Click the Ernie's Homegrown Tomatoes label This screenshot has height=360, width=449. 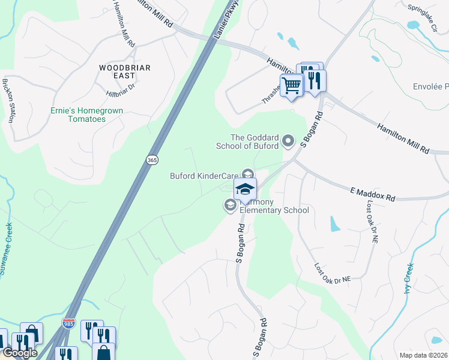tap(78, 115)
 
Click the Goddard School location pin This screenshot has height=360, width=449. tap(289, 142)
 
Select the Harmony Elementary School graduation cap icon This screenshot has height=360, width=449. tap(245, 189)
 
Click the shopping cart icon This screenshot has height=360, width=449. tap(291, 85)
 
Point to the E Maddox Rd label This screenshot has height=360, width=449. tap(373, 193)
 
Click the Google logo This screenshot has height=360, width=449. tap(19, 353)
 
